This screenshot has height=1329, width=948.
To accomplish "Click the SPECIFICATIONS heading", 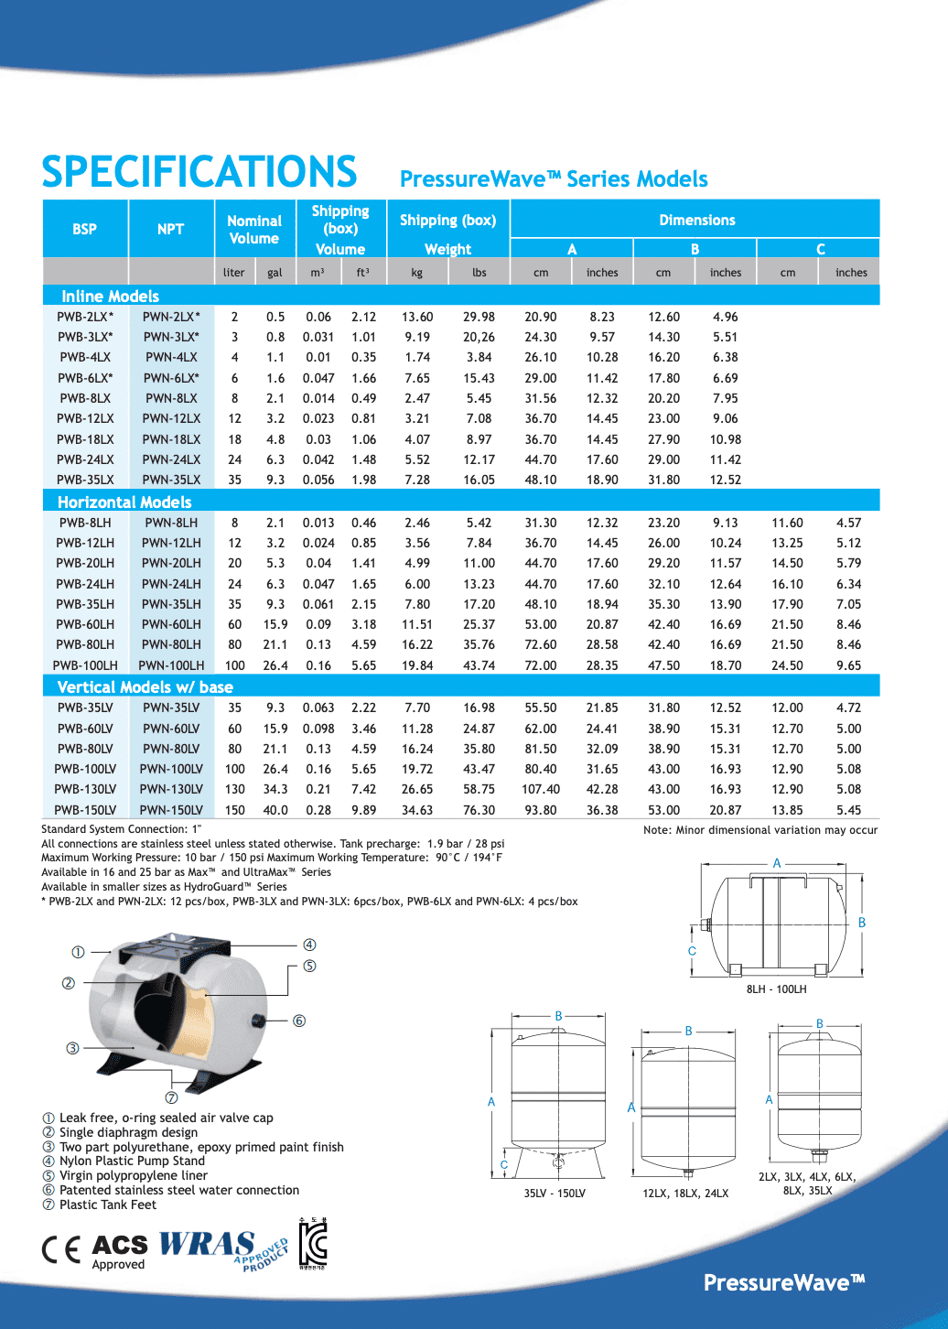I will tap(199, 172).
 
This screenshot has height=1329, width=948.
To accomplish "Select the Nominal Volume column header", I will tap(254, 230).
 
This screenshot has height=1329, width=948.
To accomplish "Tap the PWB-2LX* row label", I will tap(85, 317).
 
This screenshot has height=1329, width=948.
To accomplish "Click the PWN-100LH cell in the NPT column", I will tap(171, 665).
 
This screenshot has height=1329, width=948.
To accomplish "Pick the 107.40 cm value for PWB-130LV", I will tap(541, 789).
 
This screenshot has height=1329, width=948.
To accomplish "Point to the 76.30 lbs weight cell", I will tap(479, 810).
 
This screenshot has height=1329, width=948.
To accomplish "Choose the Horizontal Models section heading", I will tap(124, 502).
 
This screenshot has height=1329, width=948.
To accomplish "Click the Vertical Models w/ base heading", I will tap(145, 686).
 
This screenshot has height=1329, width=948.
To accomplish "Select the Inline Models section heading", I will tap(110, 296).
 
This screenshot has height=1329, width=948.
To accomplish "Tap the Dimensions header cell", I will tap(696, 220).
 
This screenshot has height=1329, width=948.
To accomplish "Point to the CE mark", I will tap(61, 1249).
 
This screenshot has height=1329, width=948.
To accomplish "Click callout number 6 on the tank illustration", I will tap(299, 1021).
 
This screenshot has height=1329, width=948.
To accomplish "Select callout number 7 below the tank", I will tap(171, 1097).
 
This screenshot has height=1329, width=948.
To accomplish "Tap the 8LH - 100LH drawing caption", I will tap(776, 989).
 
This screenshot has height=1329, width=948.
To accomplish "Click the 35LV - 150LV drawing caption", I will tap(555, 1194).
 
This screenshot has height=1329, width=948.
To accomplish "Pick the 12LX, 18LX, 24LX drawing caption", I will tap(685, 1194).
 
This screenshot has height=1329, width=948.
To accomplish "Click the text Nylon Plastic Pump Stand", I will tap(132, 1161).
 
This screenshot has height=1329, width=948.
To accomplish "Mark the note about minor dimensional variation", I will tap(760, 830).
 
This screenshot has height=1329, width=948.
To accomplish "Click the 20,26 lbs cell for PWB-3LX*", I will tap(479, 337).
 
